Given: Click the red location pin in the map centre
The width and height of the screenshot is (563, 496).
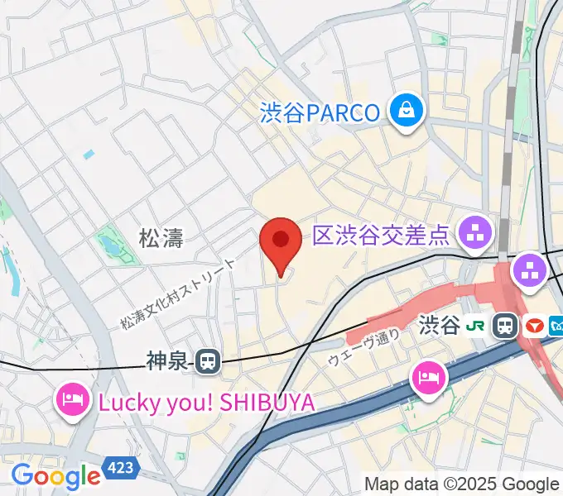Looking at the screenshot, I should click(x=280, y=241).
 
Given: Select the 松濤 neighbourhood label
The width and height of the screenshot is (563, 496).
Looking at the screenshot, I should click(x=161, y=239).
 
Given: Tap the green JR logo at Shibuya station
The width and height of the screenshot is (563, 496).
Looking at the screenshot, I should click(x=475, y=326).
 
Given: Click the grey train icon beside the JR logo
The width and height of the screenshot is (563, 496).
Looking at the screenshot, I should click(x=503, y=326).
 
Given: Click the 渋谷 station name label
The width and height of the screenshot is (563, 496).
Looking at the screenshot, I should click(x=439, y=325).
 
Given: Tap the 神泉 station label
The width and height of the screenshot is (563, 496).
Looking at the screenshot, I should click(x=168, y=360).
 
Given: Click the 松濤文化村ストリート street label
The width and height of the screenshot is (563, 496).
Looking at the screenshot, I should click(x=177, y=292).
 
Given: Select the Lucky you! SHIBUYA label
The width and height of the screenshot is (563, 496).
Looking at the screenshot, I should click(x=207, y=403).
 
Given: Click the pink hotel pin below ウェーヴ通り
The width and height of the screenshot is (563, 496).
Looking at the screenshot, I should click(x=429, y=378).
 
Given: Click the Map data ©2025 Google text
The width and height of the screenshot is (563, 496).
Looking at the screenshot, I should click(x=461, y=484).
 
